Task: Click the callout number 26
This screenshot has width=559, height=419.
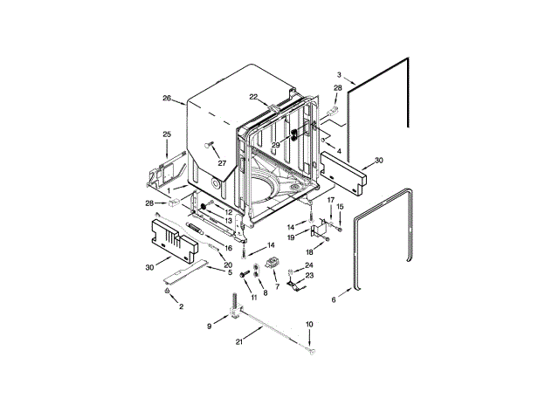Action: (x=167, y=98)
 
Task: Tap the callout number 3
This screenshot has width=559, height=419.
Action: (x=339, y=75)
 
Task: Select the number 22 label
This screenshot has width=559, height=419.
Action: (x=253, y=97)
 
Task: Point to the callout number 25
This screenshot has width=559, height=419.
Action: (x=167, y=134)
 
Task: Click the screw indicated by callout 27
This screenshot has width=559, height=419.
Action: (x=208, y=144)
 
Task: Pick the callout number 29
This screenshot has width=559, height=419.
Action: (x=276, y=145)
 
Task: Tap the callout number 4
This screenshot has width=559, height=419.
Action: (x=339, y=151)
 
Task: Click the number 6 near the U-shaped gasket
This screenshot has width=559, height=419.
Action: (x=334, y=300)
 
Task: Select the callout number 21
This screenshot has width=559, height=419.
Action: (x=239, y=341)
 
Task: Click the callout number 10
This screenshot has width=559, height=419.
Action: (x=309, y=324)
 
